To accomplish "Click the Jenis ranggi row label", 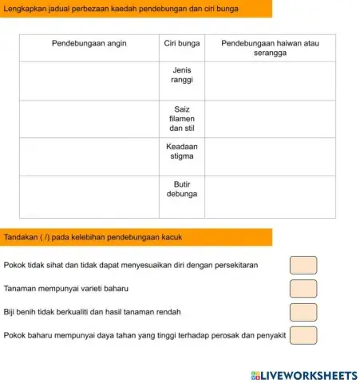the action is pos(182,76).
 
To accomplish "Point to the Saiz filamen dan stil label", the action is pos(182,118).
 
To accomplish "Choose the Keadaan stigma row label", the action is pos(182,152).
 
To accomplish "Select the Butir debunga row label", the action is pos(182,188).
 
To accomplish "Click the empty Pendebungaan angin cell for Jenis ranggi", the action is pos(89,81).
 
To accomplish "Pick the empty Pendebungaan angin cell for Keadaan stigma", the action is pos(89,156).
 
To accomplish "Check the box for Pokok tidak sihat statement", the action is pos(303,264).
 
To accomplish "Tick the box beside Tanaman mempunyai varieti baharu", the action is pos(303,288).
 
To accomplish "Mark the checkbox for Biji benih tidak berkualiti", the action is pos(303,311).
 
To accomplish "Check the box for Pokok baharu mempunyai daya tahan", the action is pos(303,334).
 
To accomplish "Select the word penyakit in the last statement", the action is pos(269,335).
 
